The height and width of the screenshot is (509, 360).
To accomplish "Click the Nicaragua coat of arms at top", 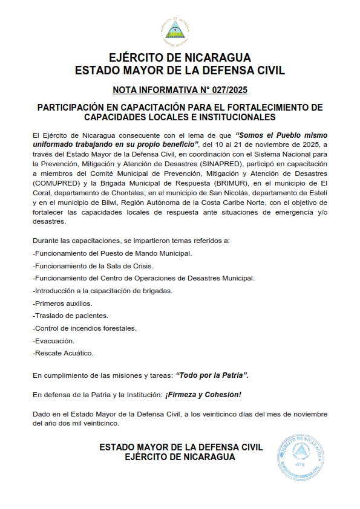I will (x=180, y=28).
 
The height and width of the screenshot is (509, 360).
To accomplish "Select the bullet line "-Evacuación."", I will (x=53, y=341).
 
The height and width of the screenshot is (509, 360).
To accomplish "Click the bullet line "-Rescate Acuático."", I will (x=63, y=353).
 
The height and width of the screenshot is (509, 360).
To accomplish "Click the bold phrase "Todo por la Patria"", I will (x=212, y=375).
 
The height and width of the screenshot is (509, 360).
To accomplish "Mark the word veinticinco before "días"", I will (x=227, y=413).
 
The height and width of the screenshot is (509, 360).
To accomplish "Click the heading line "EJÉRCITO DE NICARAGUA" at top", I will (x=180, y=58).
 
